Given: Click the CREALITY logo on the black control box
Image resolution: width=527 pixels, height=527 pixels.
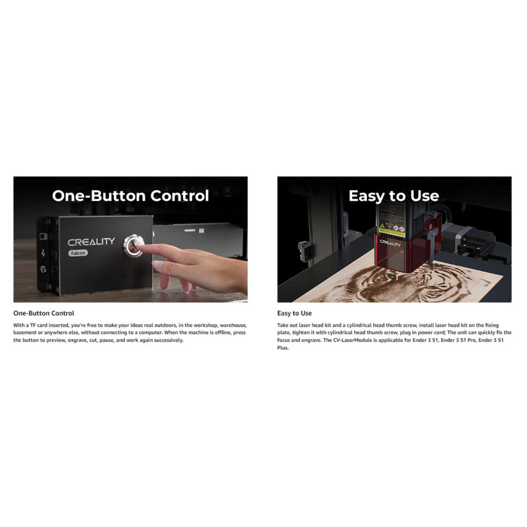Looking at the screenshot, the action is tap(91, 242).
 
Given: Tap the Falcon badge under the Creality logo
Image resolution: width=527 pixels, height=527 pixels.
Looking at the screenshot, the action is tap(78, 253).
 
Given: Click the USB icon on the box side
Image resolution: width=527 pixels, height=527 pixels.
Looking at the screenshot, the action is tap(43, 253).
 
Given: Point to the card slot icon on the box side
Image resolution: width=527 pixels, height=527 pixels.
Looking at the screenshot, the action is tap(43, 236).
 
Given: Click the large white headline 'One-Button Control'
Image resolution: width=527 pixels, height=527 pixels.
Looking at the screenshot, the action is tap(130, 196).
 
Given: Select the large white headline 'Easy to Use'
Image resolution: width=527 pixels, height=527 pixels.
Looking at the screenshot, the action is tap(394, 196).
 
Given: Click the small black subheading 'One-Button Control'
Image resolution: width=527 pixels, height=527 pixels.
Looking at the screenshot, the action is tap(44, 313).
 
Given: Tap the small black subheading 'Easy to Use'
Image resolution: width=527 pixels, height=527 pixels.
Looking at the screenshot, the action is tap(294, 313).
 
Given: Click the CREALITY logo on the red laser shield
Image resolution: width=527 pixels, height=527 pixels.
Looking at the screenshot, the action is tap(390, 243).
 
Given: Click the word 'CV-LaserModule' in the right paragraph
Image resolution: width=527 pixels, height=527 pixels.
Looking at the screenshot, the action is tap(353, 340).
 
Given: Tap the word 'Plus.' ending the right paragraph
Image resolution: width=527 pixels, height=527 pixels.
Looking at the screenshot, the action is tap(283, 348).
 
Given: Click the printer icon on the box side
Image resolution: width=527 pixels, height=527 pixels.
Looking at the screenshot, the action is tap(43, 269).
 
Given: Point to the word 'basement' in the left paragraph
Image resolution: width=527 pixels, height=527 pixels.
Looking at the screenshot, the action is tap(24, 333).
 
